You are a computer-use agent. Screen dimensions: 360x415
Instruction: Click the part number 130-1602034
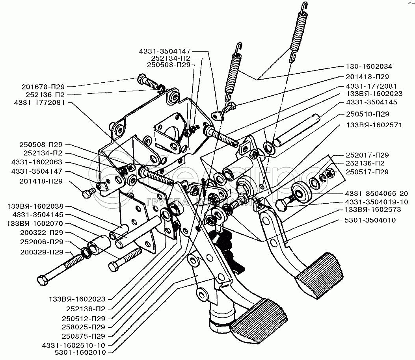[370, 66]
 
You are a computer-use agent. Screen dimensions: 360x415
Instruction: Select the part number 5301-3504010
[370, 220]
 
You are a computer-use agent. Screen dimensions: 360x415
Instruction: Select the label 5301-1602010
[81, 352]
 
